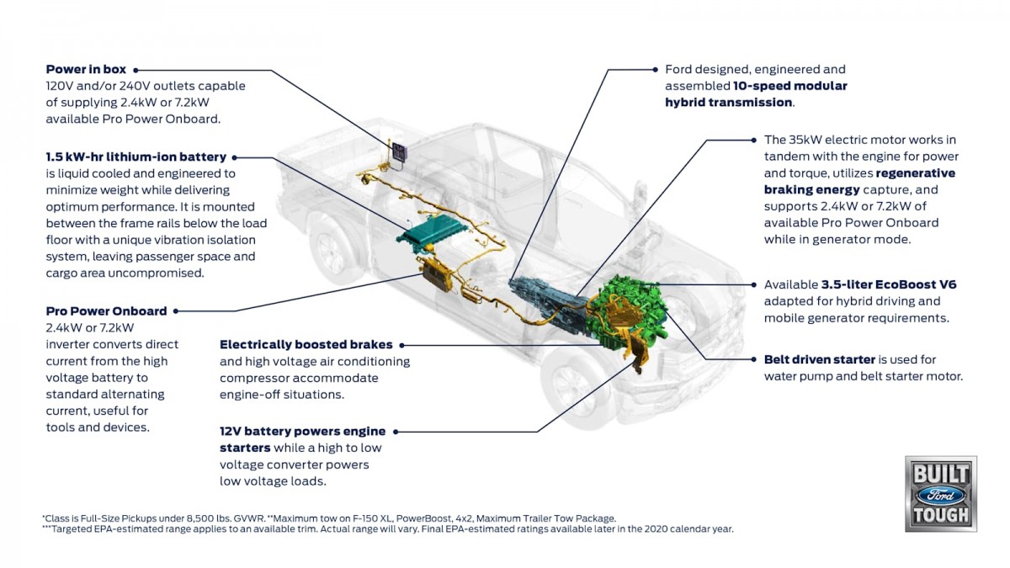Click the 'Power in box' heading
[x=86, y=69]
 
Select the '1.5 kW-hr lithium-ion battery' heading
[x=136, y=157]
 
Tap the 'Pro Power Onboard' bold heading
[x=106, y=311]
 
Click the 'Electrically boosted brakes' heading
[x=306, y=344]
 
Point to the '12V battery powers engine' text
[x=306, y=431]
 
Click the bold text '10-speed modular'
[x=799, y=86]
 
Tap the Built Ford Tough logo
[x=941, y=493]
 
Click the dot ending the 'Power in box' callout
[x=136, y=70]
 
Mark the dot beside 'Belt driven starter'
[x=754, y=359]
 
